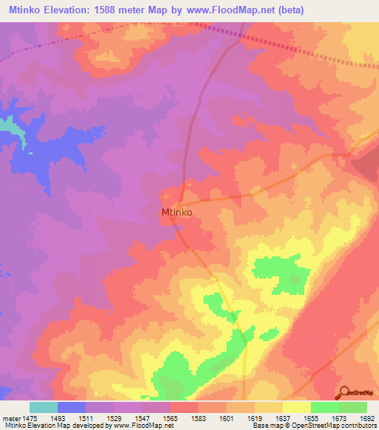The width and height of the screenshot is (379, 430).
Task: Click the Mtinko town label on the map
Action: coord(177,212)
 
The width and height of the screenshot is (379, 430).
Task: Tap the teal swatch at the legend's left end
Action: coord(43,407)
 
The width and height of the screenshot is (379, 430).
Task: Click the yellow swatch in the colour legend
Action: coord(296,407)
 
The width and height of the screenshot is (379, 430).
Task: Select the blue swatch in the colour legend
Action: coord(71,407)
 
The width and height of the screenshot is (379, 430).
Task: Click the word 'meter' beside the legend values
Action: coord(10,418)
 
